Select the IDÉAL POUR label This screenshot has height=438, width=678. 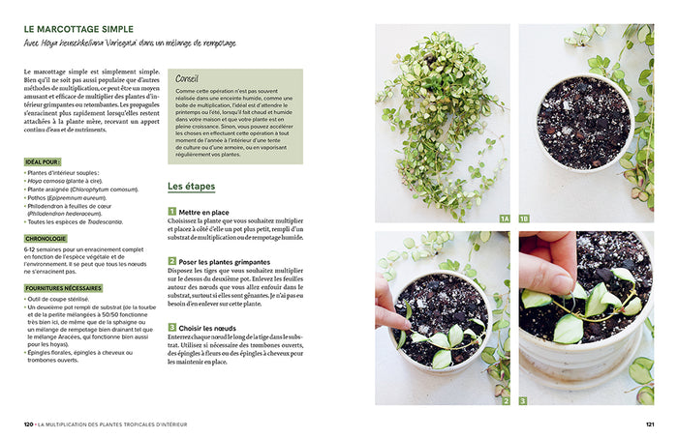point(44,161)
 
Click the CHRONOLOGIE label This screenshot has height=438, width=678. point(46,238)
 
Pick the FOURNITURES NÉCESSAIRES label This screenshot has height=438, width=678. point(65,287)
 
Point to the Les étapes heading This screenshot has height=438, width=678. point(191,186)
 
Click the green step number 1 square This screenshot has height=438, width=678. point(171,211)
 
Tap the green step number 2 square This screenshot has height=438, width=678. point(171,261)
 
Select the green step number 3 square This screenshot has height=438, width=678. point(171,328)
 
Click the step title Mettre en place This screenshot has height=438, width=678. point(204,211)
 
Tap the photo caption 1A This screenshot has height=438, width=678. point(504,219)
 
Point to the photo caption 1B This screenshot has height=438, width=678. point(524,219)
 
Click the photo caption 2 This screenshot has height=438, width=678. point(505,400)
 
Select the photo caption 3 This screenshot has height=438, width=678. point(523,400)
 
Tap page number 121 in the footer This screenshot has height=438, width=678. point(649,423)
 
